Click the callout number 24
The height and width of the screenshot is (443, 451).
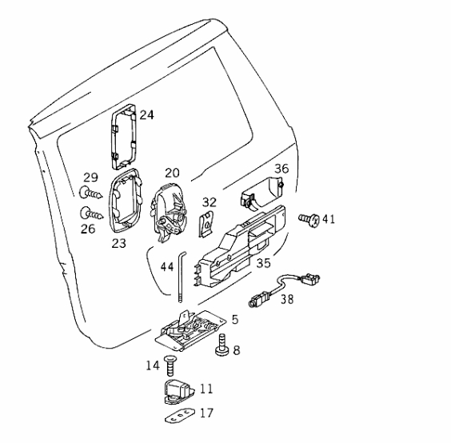pos(146,115)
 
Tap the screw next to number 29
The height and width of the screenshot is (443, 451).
pos(90,193)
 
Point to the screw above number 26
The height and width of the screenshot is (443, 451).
pos(91,214)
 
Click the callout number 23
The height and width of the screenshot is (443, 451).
pos(119,243)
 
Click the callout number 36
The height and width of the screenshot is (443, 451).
pos(281,169)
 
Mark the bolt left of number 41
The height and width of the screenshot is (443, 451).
pos(309,220)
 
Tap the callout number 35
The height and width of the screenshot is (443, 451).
pos(263,263)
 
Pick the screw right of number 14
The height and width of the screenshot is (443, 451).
pos(170,365)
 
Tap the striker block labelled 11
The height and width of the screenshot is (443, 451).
pos(178,392)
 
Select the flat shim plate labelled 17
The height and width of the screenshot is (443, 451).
pos(180,416)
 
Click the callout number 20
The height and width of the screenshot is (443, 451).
pos(172,173)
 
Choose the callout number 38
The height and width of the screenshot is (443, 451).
pos(287,299)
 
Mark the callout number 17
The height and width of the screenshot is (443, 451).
pos(206,413)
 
